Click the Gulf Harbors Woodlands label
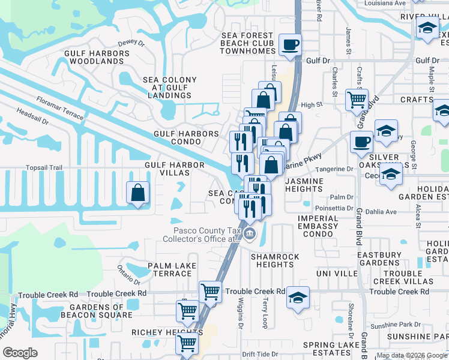97,57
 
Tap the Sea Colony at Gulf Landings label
169,87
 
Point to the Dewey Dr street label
131,43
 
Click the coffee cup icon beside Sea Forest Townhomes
291,44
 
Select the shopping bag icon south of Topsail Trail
137,193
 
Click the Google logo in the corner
20,353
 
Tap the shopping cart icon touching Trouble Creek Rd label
211,292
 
